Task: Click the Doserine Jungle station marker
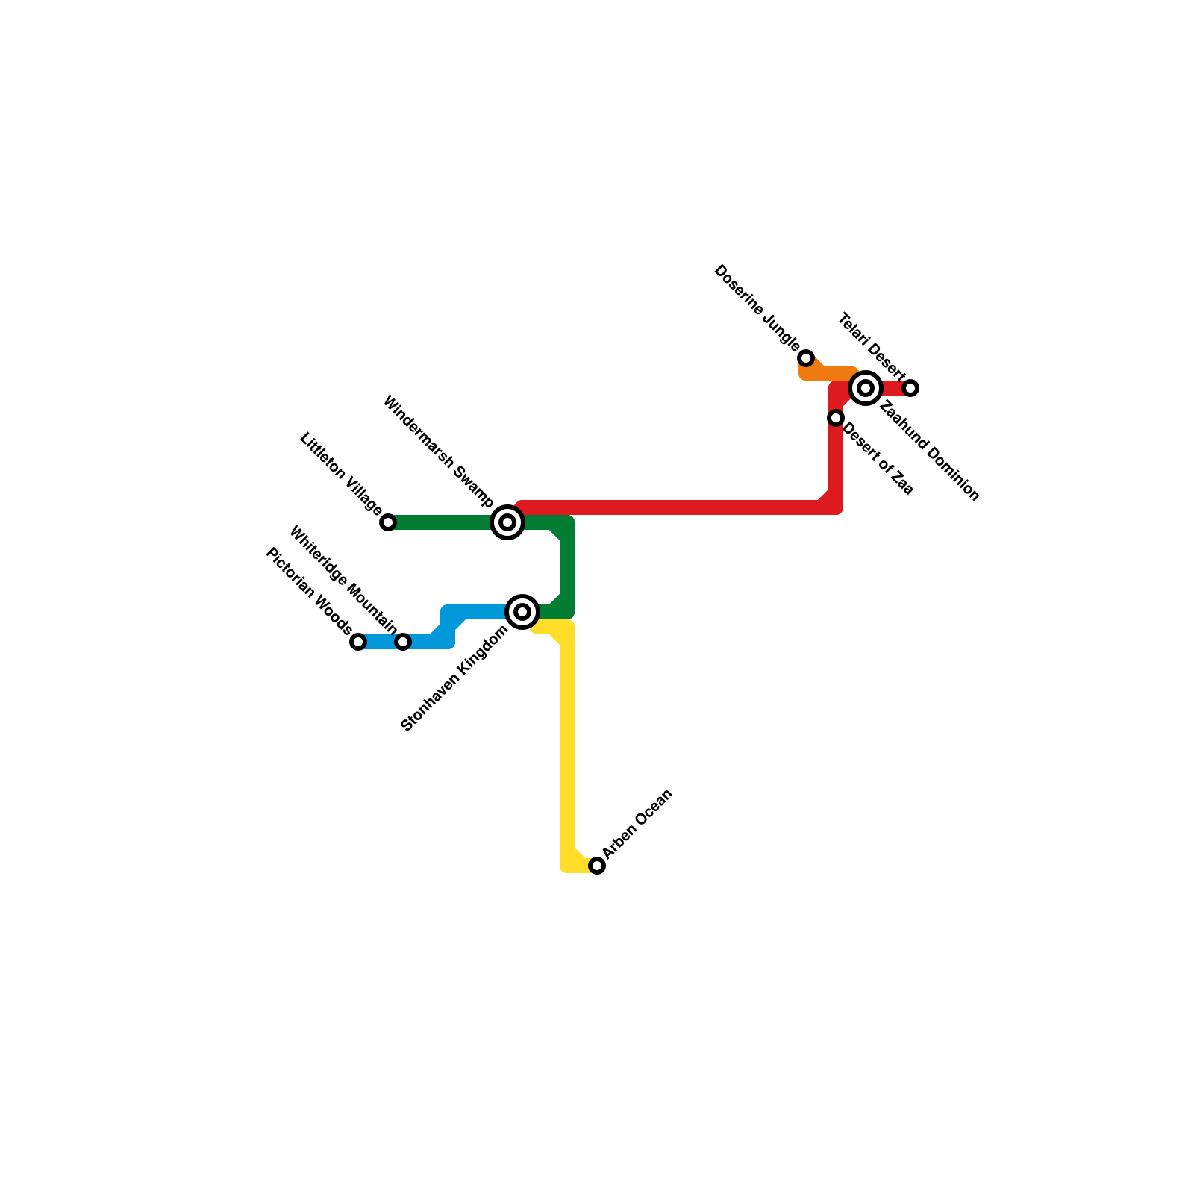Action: pos(806,358)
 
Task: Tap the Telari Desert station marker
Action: pos(910,388)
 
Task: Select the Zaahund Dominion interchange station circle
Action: pos(866,388)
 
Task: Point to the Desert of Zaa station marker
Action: pos(836,418)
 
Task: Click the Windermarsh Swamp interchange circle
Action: pos(507,522)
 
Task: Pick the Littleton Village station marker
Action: pos(388,522)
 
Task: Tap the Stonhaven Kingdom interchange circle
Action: pos(522,612)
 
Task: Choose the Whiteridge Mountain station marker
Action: pos(403,642)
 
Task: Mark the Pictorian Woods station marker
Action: pos(358,642)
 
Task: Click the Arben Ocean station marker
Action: pos(597,866)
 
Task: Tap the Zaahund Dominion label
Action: pos(929,451)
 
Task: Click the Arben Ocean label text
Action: pos(638,823)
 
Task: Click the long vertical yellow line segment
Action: pos(567,746)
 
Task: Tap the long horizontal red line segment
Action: pos(672,507)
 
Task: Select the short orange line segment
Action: pos(828,372)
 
